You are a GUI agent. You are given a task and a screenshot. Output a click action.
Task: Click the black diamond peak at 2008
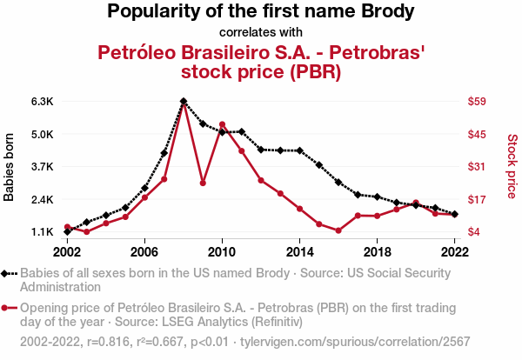(x=184, y=102)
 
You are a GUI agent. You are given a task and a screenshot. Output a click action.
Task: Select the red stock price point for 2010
(x=222, y=124)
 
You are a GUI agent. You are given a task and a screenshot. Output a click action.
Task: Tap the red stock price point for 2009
(x=203, y=183)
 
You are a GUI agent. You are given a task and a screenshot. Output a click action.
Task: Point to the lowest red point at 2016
(x=338, y=230)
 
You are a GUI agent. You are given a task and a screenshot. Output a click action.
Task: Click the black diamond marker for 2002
(x=67, y=231)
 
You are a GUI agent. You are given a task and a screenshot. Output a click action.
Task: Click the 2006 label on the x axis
(x=144, y=251)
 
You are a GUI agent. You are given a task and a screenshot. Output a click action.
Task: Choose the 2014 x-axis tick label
(x=299, y=251)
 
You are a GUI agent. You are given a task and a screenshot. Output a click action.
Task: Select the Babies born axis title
(x=10, y=167)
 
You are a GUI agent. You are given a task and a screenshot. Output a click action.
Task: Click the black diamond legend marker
(x=9, y=273)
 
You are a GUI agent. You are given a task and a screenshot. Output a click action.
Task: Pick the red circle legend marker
(x=9, y=308)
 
